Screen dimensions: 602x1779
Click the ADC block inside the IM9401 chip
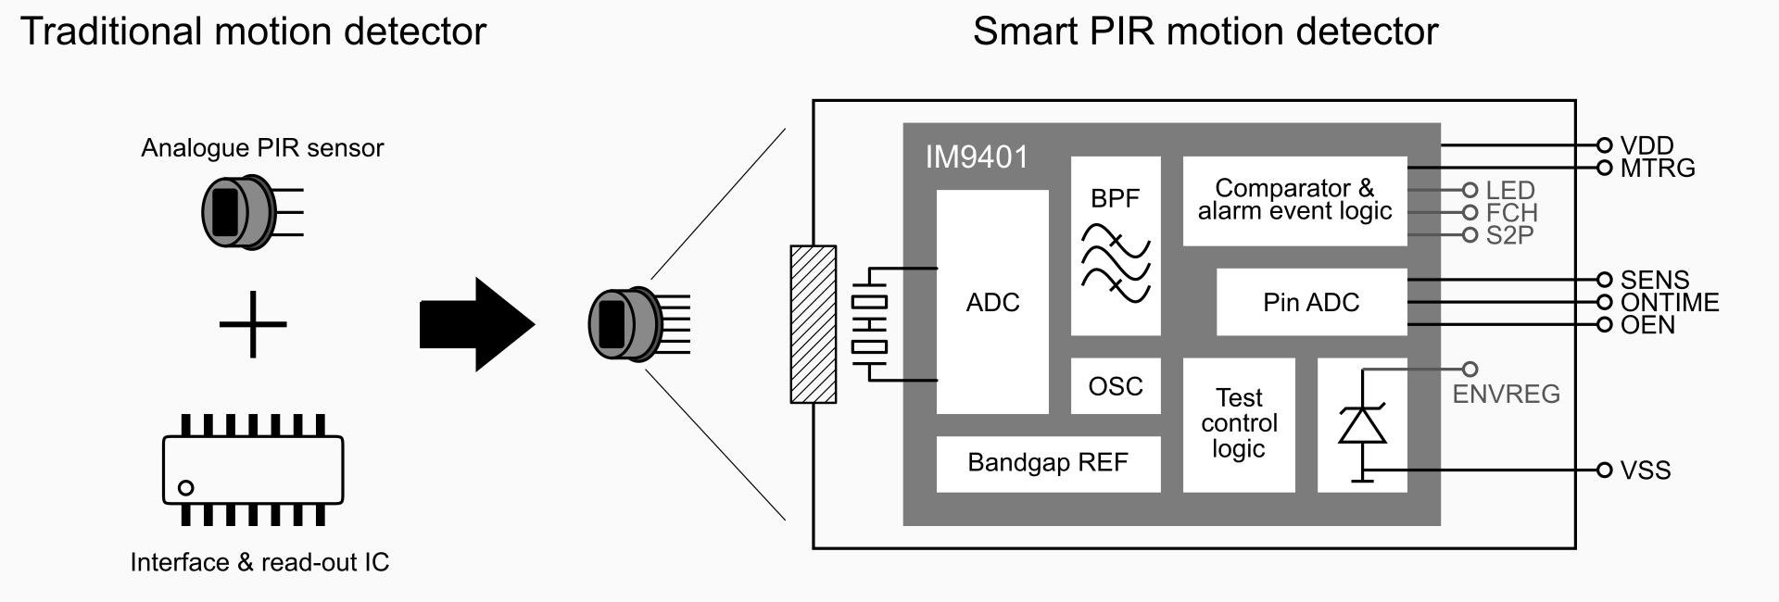pos(992,302)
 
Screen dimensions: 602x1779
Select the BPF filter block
pos(1116,246)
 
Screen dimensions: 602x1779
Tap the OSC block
pos(1116,386)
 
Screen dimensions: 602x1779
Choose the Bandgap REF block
pos(1048,463)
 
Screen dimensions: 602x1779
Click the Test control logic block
pos(1239,424)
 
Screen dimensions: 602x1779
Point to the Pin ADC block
pos(1311,303)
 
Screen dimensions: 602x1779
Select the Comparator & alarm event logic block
pos(1294,201)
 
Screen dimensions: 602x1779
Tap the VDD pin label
pos(1647,145)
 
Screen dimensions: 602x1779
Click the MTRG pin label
pos(1658,169)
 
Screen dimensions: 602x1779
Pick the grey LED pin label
pos(1510,191)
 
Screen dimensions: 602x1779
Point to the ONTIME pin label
pos(1670,303)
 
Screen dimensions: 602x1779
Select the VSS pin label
pos(1646,470)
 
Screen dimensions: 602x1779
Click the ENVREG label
pos(1506,395)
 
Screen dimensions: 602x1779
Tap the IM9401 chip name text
pos(977,157)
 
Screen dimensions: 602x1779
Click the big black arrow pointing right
pos(476,325)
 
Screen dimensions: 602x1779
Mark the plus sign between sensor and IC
pos(253,324)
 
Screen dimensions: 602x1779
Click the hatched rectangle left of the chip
pos(813,324)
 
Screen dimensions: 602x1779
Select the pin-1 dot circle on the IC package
pos(186,487)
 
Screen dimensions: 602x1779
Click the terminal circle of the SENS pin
pos(1605,280)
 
